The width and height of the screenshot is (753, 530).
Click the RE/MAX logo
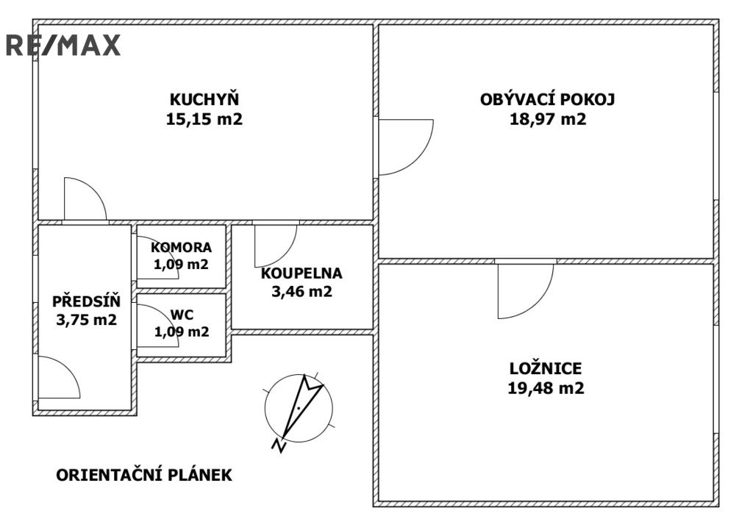[x=63, y=46]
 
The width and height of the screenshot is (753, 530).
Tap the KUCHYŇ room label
[x=204, y=99]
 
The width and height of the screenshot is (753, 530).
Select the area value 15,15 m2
[x=204, y=119]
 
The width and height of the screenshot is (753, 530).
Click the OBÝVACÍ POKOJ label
[x=548, y=99]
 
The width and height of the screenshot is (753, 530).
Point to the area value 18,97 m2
[x=548, y=119]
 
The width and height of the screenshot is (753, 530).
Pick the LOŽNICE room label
[x=546, y=368]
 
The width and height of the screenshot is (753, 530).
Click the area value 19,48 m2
[x=546, y=388]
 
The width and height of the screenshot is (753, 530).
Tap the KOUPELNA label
[x=301, y=273]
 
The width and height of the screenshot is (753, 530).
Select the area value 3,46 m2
[x=301, y=291]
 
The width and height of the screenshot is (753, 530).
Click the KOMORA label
[x=182, y=248]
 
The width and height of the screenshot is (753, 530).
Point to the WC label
[x=182, y=315]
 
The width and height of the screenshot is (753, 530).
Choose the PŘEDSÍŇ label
[x=86, y=301]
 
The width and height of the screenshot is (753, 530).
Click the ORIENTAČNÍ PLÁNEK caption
[x=144, y=476]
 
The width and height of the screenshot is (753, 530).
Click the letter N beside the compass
[x=279, y=445]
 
